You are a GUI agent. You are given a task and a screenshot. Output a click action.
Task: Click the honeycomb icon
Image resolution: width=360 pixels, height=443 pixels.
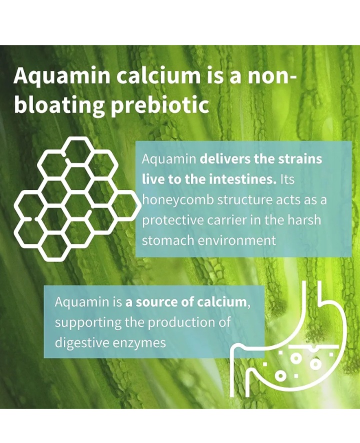pos(77,198)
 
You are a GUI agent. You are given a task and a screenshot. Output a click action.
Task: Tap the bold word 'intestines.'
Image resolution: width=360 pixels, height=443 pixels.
pos(243,179)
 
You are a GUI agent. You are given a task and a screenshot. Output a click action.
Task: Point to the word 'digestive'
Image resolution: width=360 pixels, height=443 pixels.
pos(82,343)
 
